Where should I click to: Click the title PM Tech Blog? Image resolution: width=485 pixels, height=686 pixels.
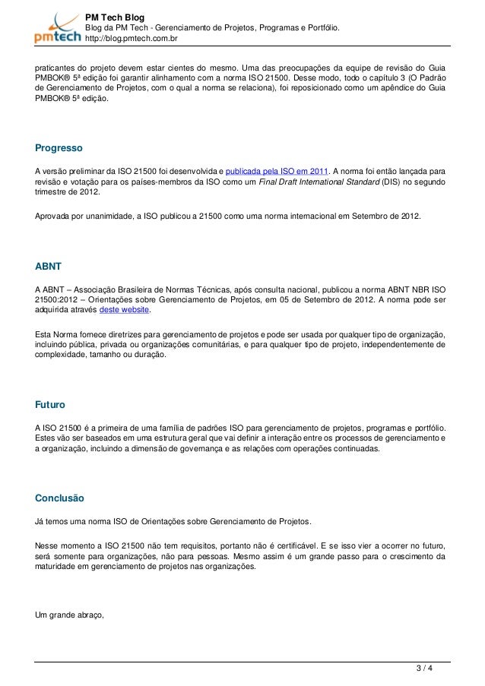[x=115, y=17]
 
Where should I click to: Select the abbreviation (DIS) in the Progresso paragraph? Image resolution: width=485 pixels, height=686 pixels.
[x=389, y=182]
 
